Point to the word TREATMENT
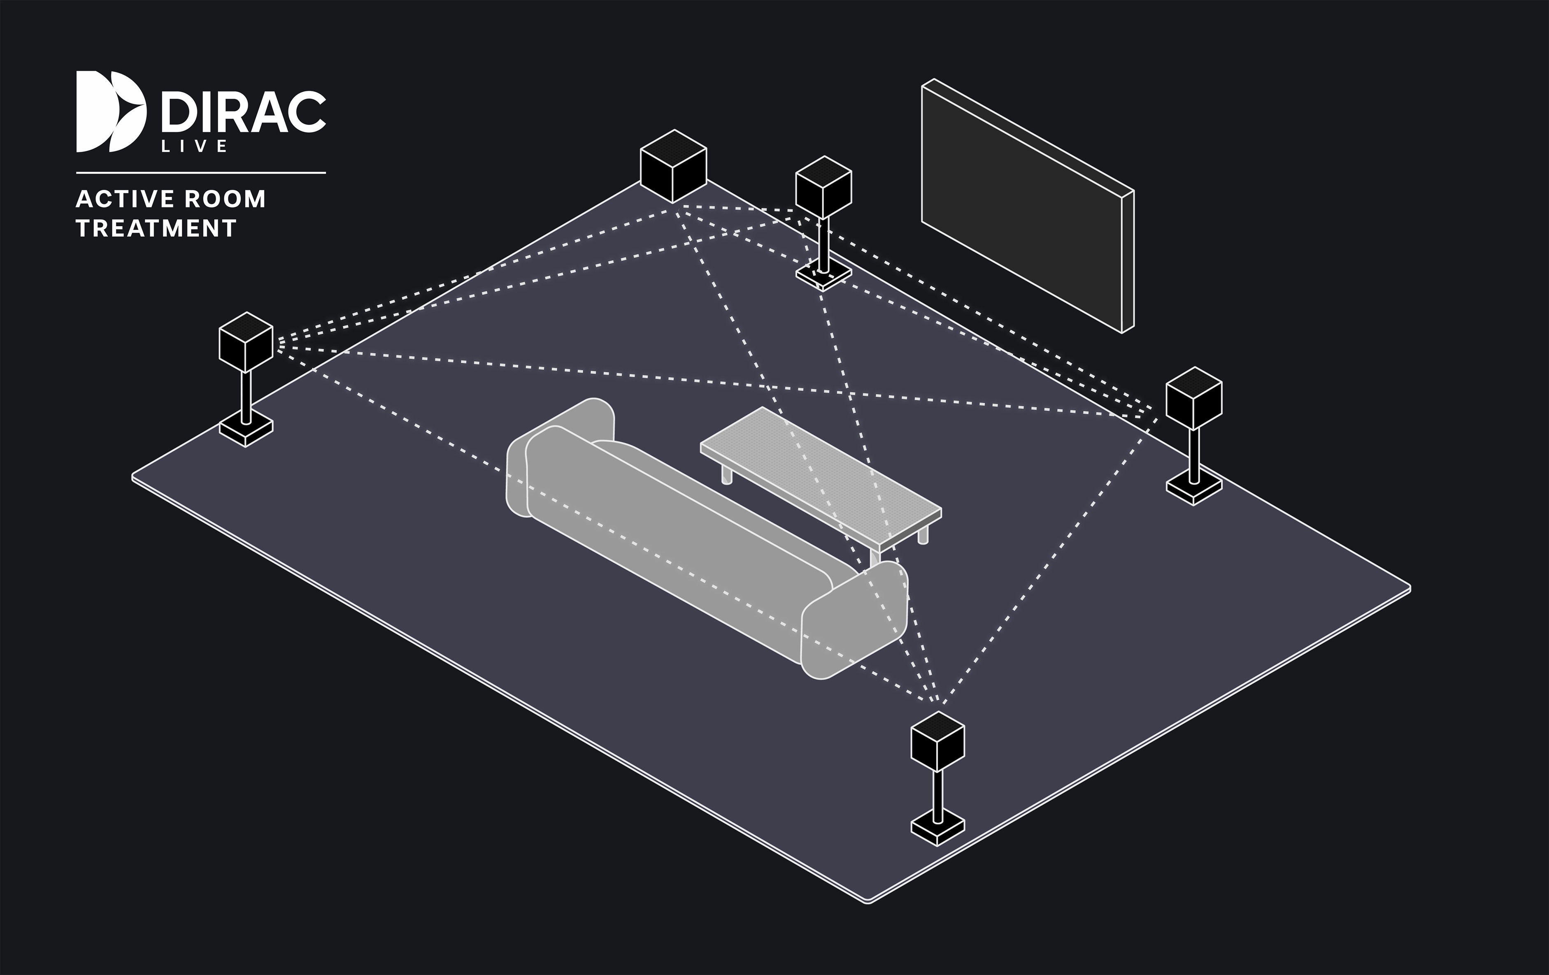156,228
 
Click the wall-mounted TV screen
1027,206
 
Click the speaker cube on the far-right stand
1194,397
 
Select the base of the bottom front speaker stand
938,830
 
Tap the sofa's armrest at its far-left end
560,457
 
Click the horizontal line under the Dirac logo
201,172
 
